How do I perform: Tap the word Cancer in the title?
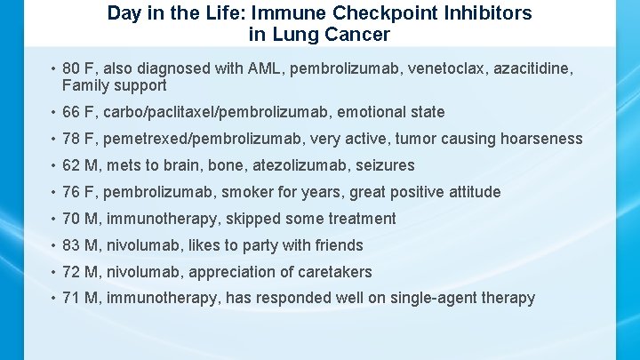coord(360,36)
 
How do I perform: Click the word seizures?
coord(386,165)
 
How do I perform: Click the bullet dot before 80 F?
coord(54,68)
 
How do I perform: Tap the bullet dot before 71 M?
coord(54,299)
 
